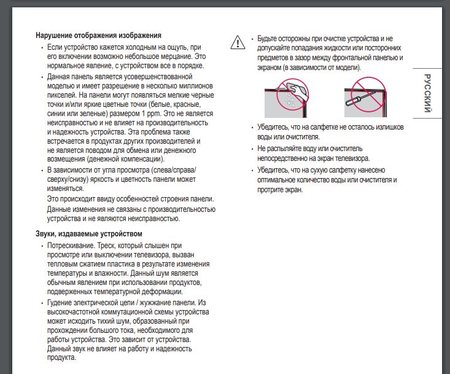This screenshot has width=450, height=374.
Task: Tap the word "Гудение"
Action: (x=60, y=303)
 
